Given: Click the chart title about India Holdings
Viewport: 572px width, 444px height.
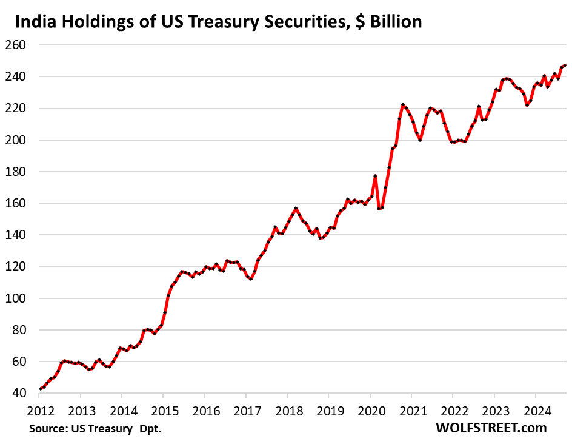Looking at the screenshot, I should click(x=218, y=22).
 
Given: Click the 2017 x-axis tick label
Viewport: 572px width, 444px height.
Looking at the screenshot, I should click(x=246, y=409).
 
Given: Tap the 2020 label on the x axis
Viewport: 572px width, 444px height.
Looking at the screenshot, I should click(x=370, y=409).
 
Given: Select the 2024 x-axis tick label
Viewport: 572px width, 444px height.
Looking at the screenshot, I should click(x=535, y=409).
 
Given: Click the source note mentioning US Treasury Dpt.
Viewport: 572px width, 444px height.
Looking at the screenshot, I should click(x=95, y=429).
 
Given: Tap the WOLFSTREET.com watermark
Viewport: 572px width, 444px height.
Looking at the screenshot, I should click(x=491, y=428).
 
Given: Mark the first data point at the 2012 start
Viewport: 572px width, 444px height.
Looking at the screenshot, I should click(x=41, y=389).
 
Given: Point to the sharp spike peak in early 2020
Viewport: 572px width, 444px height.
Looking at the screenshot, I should click(x=376, y=176).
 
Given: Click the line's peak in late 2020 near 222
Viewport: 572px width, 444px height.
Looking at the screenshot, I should click(x=403, y=105).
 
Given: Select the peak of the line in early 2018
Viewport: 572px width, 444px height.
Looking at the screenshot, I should click(x=296, y=209).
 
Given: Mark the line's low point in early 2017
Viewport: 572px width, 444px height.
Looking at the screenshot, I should click(x=250, y=279).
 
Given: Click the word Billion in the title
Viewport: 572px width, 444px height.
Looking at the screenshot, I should click(x=391, y=22).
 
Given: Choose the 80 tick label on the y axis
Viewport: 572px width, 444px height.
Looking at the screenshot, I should click(x=16, y=330).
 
